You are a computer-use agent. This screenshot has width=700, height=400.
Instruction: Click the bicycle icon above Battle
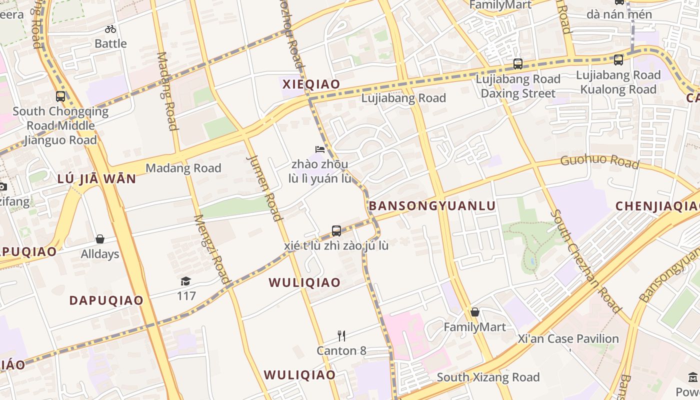pyautogui.click(x=110, y=29)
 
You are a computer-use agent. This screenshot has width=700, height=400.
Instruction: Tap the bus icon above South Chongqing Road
pyautogui.click(x=60, y=96)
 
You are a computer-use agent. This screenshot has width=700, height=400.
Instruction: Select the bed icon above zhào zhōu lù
pyautogui.click(x=320, y=149)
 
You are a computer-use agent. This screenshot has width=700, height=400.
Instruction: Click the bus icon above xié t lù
pyautogui.click(x=336, y=230)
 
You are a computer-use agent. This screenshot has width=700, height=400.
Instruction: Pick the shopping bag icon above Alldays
pyautogui.click(x=100, y=239)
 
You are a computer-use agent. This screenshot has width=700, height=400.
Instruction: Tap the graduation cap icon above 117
pyautogui.click(x=186, y=281)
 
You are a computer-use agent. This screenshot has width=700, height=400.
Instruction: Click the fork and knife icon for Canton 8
pyautogui.click(x=341, y=335)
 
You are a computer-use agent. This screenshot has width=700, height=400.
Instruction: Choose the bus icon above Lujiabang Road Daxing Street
pyautogui.click(x=518, y=64)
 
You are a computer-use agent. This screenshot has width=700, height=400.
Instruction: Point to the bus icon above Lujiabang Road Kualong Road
pyautogui.click(x=618, y=60)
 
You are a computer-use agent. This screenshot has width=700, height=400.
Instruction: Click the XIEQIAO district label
pyautogui.click(x=311, y=84)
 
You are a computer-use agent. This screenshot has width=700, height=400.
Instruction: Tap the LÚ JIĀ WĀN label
pyautogui.click(x=96, y=178)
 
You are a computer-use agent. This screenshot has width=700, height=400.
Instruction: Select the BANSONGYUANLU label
pyautogui.click(x=432, y=205)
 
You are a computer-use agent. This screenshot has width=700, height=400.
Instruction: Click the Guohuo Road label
pyautogui.click(x=599, y=161)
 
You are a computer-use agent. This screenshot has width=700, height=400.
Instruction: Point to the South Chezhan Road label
pyautogui.click(x=585, y=261)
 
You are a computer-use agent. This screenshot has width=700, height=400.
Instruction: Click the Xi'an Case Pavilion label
pyautogui.click(x=568, y=338)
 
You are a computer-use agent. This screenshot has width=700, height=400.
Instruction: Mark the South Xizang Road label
pyautogui.click(x=488, y=377)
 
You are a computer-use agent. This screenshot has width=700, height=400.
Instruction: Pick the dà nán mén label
pyautogui.click(x=619, y=14)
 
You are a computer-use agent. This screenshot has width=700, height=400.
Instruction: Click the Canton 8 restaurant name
pyautogui.click(x=341, y=350)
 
